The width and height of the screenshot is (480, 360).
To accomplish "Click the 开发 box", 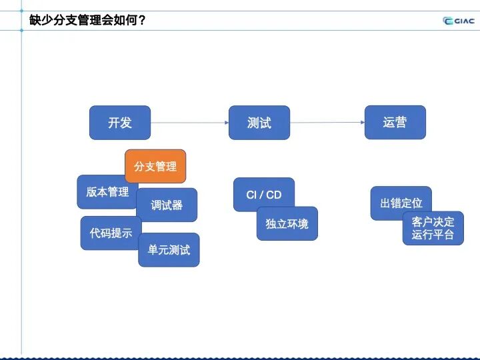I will coord(120,123).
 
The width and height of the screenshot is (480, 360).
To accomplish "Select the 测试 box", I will coord(259,123).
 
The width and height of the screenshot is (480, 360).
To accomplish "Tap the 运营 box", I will coord(395,123).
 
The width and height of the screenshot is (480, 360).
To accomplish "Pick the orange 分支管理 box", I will coord(155,166).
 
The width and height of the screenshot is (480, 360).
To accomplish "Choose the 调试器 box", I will coord(167,205).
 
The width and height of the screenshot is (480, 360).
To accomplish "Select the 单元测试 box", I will coord(169,250).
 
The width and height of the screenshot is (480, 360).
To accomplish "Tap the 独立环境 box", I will coord(287,224).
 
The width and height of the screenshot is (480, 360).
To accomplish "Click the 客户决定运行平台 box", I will coord(433,229).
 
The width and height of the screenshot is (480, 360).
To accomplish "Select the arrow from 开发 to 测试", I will coord(189,123).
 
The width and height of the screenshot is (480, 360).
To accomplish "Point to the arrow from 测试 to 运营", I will coord(327,123).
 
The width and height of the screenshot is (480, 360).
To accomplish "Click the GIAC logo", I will coord(459,21).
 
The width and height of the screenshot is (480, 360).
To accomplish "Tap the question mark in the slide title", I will coord(141,20).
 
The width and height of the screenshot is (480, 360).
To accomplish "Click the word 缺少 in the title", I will coord(41,20).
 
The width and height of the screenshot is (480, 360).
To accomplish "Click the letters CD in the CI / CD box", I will coord(274,195).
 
